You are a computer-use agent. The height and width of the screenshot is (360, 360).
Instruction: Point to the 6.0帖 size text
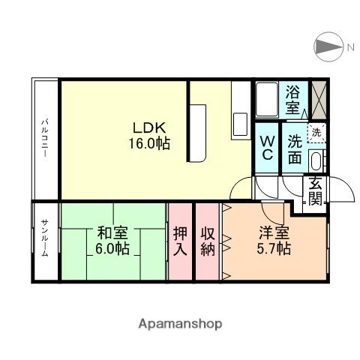[112, 248]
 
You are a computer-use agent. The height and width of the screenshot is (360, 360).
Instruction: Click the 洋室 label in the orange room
[273, 232]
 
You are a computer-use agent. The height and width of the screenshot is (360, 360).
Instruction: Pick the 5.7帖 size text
[273, 248]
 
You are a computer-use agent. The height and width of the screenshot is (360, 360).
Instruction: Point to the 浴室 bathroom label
[294, 99]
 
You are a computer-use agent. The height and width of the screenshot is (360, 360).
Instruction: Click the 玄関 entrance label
[315, 192]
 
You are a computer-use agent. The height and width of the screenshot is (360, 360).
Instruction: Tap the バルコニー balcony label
[45, 136]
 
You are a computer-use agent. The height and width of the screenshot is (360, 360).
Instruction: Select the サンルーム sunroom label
[45, 240]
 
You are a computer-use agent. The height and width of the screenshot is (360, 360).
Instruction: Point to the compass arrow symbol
[328, 47]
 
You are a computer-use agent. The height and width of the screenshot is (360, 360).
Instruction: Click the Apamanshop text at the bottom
[180, 324]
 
